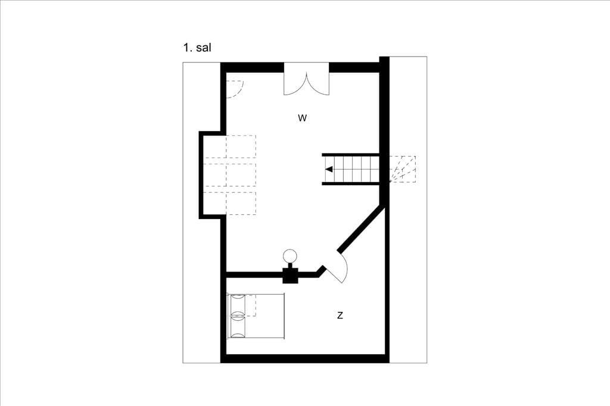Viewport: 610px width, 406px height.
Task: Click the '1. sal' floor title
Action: pyautogui.click(x=197, y=48)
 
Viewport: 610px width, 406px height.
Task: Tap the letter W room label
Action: pyautogui.click(x=302, y=118)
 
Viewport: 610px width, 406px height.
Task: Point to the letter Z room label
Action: pyautogui.click(x=340, y=316)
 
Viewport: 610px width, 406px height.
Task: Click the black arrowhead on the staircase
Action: pyautogui.click(x=329, y=170)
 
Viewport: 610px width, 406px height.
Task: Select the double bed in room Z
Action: pyautogui.click(x=256, y=316)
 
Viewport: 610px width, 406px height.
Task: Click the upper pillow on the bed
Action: pyautogui.click(x=238, y=305)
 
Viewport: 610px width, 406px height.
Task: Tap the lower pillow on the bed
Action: pyautogui.click(x=238, y=327)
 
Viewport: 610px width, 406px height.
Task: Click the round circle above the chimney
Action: pyautogui.click(x=290, y=255)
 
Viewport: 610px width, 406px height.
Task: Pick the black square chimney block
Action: pyautogui.click(x=290, y=276)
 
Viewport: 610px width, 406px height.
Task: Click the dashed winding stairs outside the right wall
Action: pyautogui.click(x=403, y=169)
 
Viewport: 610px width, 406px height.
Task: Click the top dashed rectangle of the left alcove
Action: pyautogui.click(x=229, y=146)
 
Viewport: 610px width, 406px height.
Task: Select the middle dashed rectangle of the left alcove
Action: pyautogui.click(x=229, y=174)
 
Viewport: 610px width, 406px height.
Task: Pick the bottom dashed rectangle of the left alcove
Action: pyautogui.click(x=229, y=204)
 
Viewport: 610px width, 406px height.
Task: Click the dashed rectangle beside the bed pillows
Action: pyautogui.click(x=251, y=305)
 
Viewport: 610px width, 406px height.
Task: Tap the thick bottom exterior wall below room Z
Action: pyautogui.click(x=305, y=358)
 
